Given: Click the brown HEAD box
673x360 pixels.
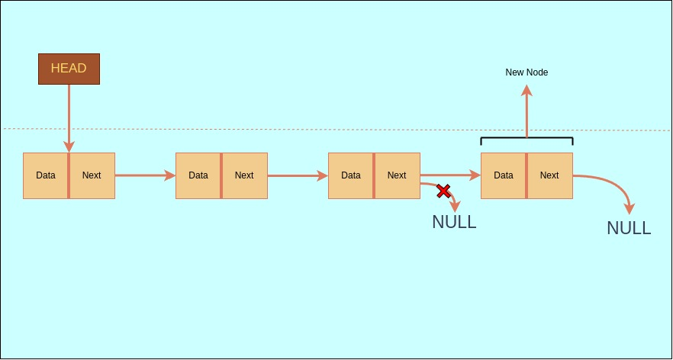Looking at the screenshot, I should click(69, 69).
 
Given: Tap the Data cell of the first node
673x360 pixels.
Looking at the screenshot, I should click(46, 175).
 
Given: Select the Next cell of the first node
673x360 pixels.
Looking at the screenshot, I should click(92, 175).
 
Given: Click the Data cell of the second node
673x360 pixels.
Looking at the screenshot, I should click(198, 175).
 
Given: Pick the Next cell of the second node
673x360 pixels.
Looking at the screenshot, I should click(244, 175).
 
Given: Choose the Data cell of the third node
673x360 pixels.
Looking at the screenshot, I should click(351, 175).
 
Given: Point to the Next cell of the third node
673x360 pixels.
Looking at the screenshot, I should click(397, 175).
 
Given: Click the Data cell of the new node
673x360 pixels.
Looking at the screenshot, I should click(504, 175).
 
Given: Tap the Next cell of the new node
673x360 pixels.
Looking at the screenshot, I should click(549, 175).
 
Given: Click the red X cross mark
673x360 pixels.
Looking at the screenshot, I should click(443, 191).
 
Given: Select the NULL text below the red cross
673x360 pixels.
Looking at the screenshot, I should click(454, 222).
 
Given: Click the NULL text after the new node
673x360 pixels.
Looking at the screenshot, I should click(629, 227).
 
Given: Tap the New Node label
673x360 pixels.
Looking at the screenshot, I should click(526, 72).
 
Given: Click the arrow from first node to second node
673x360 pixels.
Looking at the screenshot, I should click(145, 175).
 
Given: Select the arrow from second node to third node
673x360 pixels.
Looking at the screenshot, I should click(298, 175).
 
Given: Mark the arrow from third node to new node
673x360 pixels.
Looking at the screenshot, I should click(450, 175).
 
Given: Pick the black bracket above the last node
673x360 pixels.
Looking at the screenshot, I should click(526, 139).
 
